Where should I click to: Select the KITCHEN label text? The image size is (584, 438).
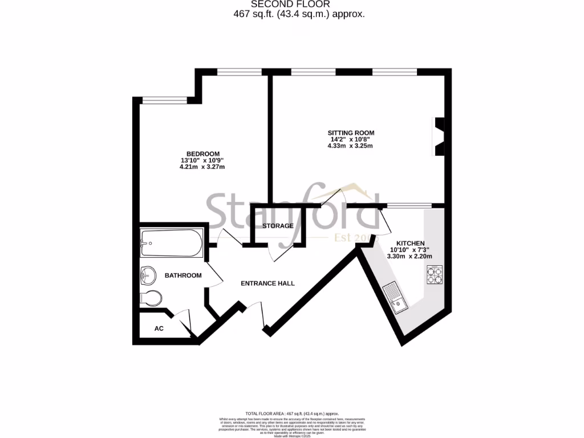[411, 243]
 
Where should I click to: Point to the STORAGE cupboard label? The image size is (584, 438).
[278, 226]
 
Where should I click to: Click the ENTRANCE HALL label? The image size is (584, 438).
[267, 283]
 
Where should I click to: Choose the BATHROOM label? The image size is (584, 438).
[183, 275]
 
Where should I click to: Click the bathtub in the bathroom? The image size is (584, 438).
[171, 244]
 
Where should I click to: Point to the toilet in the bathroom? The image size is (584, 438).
[151, 298]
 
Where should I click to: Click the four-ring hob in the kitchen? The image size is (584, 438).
[434, 275]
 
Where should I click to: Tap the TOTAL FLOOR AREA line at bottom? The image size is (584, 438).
[292, 413]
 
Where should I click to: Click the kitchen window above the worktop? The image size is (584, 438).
[409, 205]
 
